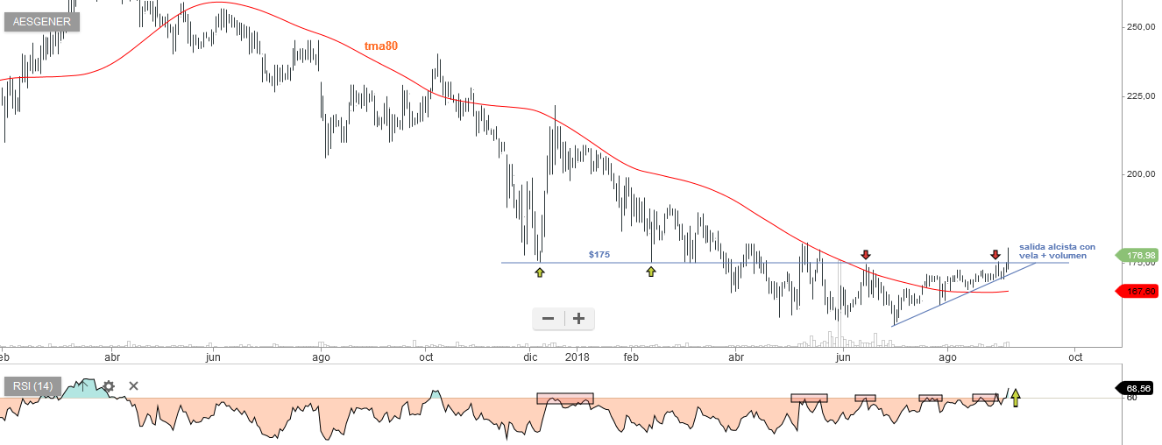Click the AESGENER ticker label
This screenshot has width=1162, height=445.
(41, 22)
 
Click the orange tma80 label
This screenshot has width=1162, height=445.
(381, 46)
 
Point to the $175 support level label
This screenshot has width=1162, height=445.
(599, 254)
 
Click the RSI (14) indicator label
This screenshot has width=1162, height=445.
(32, 385)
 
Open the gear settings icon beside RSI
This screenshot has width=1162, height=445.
(109, 385)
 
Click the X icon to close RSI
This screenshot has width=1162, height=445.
(133, 385)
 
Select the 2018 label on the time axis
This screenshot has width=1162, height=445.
(577, 357)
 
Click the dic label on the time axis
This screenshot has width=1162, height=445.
(530, 357)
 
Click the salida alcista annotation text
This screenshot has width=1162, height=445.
(1057, 251)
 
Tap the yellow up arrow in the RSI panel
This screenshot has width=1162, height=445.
(1016, 399)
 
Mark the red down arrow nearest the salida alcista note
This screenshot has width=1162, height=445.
(995, 255)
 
